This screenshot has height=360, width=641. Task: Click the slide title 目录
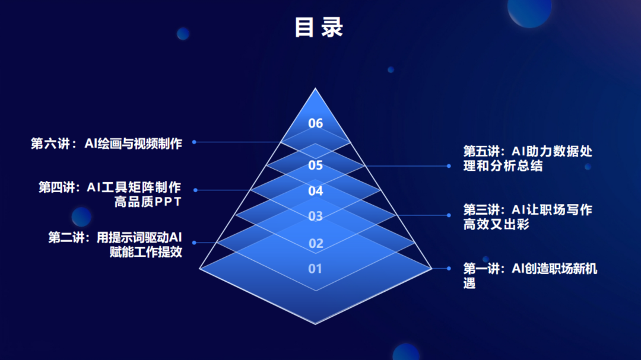coord(319,27)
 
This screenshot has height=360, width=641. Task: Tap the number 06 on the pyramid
coord(316,123)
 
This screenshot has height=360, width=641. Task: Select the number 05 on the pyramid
coord(316,165)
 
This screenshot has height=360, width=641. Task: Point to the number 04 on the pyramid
coord(316,191)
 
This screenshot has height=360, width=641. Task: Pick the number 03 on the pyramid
coord(316,216)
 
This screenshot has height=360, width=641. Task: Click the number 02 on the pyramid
coord(316,244)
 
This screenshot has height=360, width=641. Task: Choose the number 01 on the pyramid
coord(315,269)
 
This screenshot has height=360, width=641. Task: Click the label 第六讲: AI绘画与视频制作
coord(106,144)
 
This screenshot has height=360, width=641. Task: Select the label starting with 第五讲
coord(528,158)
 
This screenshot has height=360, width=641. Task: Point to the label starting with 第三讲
coord(528,217)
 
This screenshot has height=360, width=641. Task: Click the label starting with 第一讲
coord(530,276)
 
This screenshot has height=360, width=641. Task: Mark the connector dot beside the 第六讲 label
coord(194,142)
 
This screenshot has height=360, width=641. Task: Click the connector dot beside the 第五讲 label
coord(449,166)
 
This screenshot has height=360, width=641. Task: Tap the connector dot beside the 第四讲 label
coord(195,190)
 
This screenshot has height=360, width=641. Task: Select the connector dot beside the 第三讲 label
coord(449,215)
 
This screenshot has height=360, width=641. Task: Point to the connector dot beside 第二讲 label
coord(194,243)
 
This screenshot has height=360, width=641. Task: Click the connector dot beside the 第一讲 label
coord(449,269)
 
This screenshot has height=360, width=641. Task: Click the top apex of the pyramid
coord(315,88)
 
